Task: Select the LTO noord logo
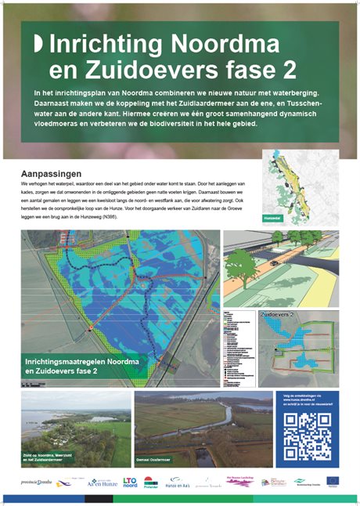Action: [x=130, y=482]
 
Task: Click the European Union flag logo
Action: [x=333, y=481]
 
